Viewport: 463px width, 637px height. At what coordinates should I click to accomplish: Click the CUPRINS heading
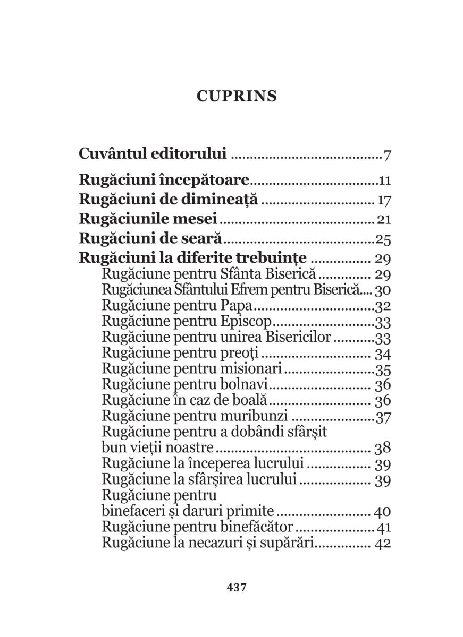coord(237,96)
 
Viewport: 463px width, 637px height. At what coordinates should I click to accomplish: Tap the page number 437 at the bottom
coord(236,587)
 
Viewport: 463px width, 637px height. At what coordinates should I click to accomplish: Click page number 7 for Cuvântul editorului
coord(387,156)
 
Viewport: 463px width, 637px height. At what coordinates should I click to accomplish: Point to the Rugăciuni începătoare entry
coord(164,180)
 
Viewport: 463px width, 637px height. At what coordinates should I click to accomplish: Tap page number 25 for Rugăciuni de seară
coord(383,240)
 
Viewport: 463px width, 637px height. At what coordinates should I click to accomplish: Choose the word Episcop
coord(245,322)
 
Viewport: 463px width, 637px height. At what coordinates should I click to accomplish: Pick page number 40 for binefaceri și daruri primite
coord(383,512)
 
